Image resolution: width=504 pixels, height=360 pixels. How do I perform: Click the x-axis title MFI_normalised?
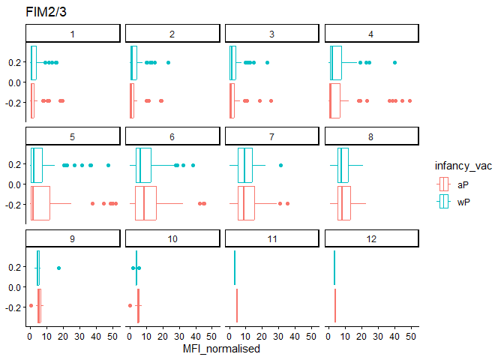point(222,349)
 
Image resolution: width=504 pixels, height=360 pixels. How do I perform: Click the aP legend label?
point(464,184)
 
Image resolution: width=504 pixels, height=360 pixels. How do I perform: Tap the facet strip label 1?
point(73,34)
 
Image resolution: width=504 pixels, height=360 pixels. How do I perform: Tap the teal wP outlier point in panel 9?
point(58,268)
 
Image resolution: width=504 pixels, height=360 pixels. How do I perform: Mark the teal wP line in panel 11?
point(235,268)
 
